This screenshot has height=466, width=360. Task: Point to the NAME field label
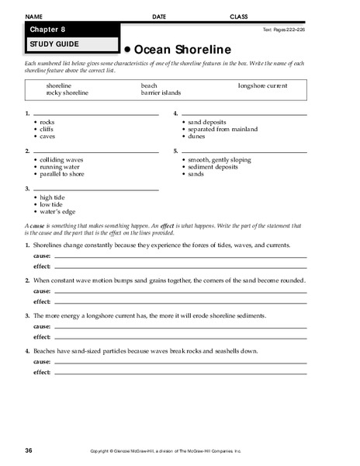[x=35, y=16]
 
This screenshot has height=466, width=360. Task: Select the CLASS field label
[x=239, y=16]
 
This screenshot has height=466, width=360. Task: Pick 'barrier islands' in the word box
[x=161, y=92]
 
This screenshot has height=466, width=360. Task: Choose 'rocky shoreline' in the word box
[x=67, y=92]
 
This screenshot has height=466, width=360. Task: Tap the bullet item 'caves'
[x=49, y=136]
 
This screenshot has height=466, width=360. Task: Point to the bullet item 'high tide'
[x=54, y=197]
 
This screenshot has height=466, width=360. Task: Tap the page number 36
[x=29, y=450]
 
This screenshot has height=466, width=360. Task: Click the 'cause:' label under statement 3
[x=42, y=326]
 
